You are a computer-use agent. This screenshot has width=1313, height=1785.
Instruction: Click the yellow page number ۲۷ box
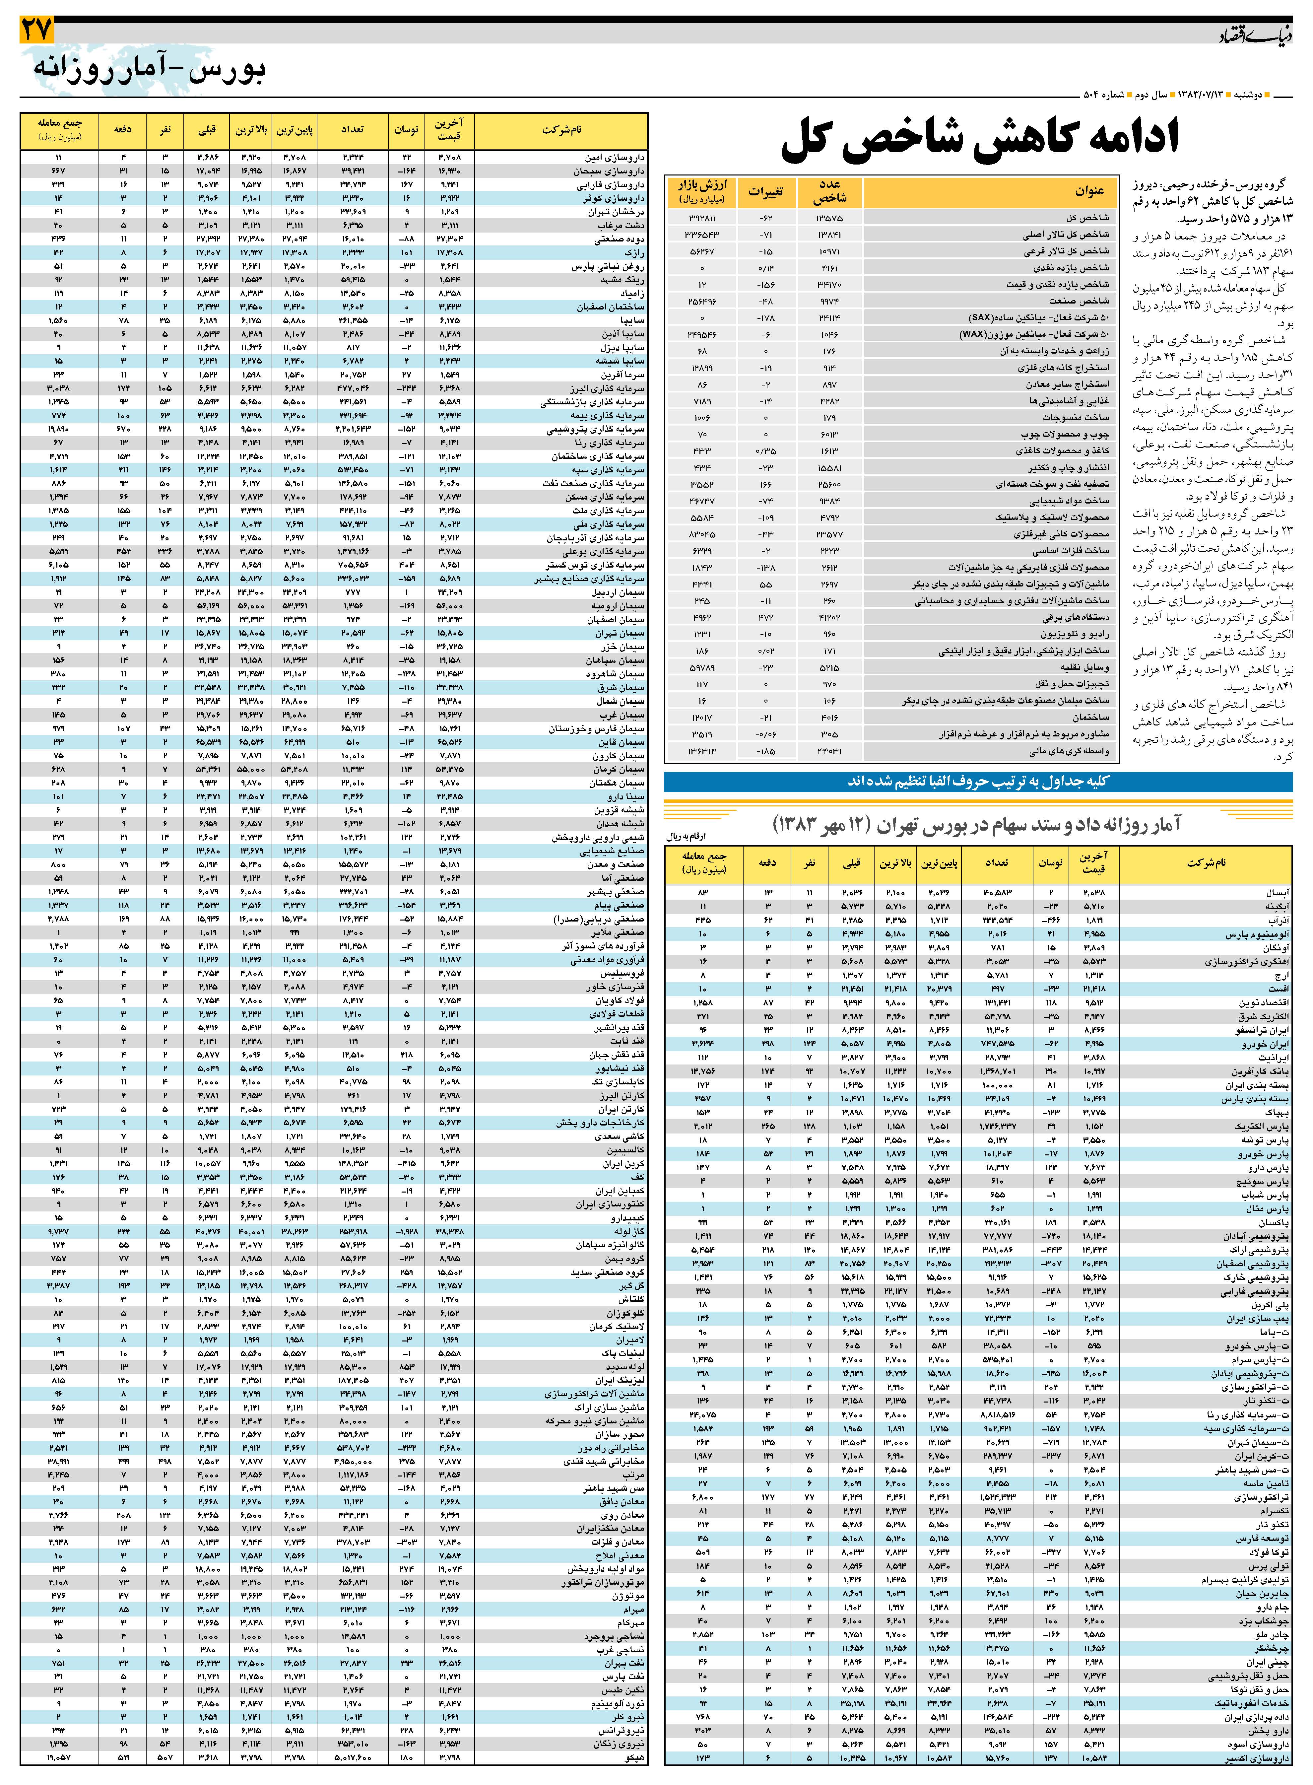(36, 30)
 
